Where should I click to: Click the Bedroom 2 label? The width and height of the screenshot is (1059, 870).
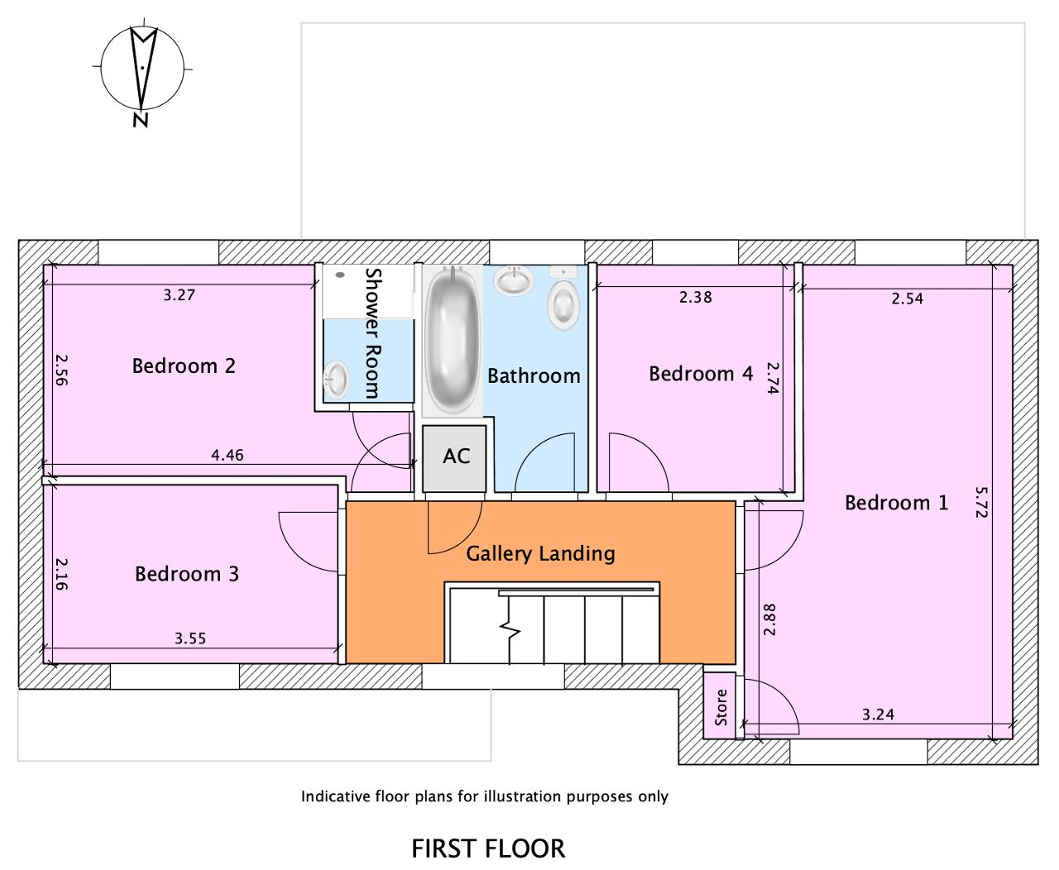(184, 366)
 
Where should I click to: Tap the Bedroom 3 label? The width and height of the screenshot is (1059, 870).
(187, 574)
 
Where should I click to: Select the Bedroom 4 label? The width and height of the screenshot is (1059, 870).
(701, 374)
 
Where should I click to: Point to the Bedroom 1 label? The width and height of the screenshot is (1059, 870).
(897, 503)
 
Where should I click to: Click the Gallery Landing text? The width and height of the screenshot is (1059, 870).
(541, 554)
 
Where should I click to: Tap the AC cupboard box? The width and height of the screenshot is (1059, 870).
(454, 458)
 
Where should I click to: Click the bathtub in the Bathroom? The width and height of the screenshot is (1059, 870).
(453, 341)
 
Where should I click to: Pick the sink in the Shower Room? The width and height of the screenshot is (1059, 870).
(336, 380)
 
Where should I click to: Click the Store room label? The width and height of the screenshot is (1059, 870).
(721, 707)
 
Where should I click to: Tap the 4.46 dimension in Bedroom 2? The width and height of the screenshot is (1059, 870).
(228, 456)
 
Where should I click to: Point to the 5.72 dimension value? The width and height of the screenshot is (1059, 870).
(982, 502)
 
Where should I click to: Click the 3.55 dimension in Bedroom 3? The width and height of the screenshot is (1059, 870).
(190, 638)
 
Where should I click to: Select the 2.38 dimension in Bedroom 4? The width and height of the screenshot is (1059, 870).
(696, 297)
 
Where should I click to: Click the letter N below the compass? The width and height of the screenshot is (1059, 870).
(141, 120)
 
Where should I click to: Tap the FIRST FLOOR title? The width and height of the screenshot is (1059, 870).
(489, 848)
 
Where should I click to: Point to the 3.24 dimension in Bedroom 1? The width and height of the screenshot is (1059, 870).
(879, 715)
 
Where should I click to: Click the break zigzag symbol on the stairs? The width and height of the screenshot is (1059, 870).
(510, 629)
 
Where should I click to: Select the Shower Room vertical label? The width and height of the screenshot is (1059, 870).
(372, 333)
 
